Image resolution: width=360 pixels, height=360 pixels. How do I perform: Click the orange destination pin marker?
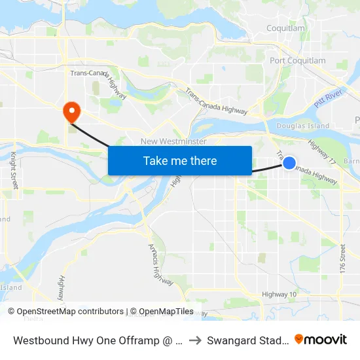coord(70,111)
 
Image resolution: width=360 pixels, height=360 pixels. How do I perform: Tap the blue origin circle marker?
coord(289,162)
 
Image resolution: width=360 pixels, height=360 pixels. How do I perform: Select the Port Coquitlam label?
coord(298,61)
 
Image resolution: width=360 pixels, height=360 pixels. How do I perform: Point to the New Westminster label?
coord(174,141)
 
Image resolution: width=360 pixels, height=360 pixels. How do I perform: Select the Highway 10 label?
coord(279,295)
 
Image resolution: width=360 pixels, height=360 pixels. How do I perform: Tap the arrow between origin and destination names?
coord(196,340)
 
